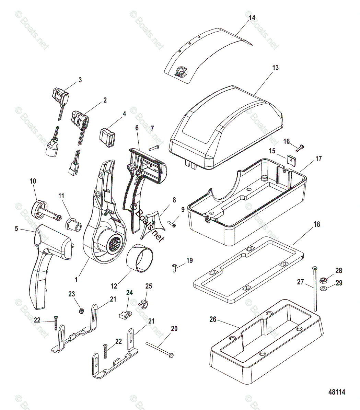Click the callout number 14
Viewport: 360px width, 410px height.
click(x=252, y=18)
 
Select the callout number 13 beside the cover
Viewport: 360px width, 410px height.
click(x=275, y=68)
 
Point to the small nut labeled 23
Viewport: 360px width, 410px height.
click(x=82, y=311)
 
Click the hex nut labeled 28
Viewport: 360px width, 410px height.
click(x=323, y=280)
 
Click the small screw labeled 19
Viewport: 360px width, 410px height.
click(x=174, y=268)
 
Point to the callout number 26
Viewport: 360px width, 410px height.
click(x=213, y=319)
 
